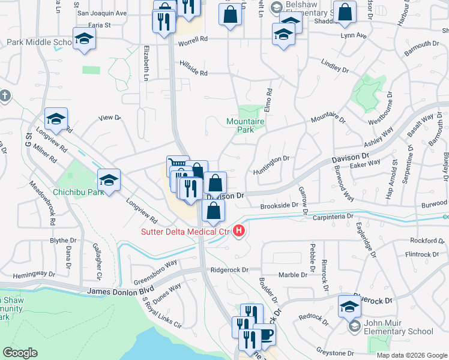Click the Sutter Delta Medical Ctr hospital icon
(240, 230)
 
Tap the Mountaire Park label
(246, 125)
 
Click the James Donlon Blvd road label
(116, 291)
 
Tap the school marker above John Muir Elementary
(349, 306)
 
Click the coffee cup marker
(264, 335)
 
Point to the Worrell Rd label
(193, 39)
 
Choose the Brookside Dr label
(279, 206)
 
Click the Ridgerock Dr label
(229, 270)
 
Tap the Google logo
(20, 353)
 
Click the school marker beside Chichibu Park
(109, 180)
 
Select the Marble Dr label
(293, 275)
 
